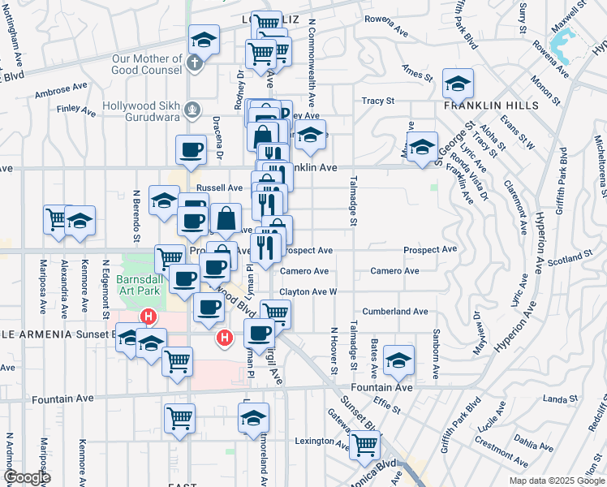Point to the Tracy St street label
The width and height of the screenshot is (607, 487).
point(377,101)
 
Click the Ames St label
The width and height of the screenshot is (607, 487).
point(416,78)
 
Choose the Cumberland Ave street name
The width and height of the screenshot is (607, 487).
point(394,311)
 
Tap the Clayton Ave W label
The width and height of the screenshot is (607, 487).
point(308,291)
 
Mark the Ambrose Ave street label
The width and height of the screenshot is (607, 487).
point(60,91)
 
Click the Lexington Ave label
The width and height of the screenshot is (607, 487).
point(323,442)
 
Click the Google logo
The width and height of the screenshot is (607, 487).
point(27,477)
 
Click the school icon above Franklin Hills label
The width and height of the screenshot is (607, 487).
point(458,83)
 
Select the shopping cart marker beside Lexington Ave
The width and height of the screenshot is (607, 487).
point(364,445)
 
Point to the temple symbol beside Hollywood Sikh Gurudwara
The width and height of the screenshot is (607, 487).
point(192,108)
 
